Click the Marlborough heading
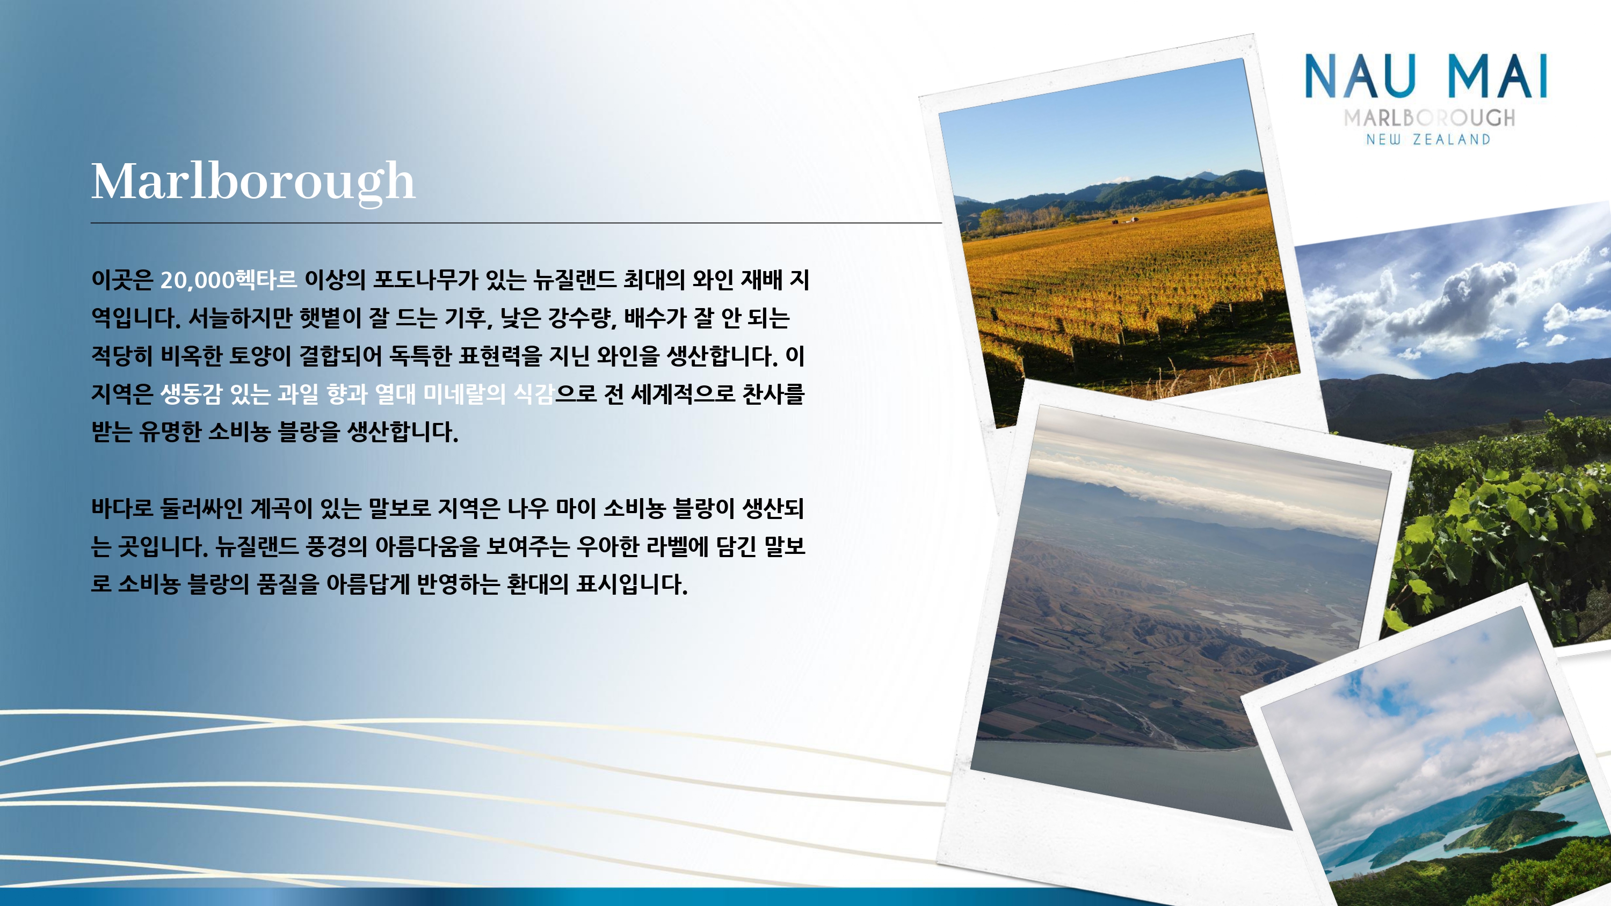point(253,182)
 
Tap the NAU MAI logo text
point(1426,76)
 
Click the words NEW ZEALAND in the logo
point(1428,140)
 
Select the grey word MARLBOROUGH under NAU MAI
point(1429,118)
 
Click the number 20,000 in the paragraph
point(197,280)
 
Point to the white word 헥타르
point(266,280)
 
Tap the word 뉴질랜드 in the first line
point(575,280)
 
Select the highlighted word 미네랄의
point(464,394)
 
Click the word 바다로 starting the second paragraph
point(122,508)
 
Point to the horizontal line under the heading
point(516,223)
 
